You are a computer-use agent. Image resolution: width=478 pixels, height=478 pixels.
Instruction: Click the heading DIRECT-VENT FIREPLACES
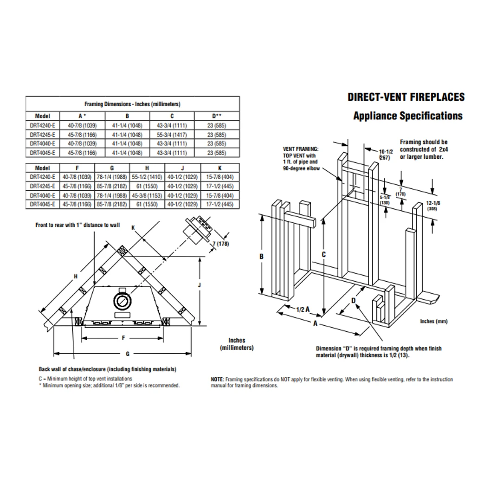406,97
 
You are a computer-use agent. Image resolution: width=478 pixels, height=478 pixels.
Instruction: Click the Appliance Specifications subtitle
407,116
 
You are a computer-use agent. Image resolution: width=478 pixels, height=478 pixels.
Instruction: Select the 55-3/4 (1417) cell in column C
172,134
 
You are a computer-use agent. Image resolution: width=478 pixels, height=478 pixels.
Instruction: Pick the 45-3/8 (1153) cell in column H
147,195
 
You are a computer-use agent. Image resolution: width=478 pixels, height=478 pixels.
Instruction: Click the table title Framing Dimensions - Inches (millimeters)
132,104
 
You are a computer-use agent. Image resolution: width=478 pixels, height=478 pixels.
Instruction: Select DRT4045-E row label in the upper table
42,152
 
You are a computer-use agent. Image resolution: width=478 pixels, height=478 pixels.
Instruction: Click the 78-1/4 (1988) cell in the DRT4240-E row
112,177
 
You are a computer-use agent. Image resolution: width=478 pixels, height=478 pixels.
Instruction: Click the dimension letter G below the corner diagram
128,354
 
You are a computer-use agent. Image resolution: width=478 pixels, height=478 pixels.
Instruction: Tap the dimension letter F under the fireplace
123,338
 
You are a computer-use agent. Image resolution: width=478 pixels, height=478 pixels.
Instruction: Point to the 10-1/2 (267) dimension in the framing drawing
386,155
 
